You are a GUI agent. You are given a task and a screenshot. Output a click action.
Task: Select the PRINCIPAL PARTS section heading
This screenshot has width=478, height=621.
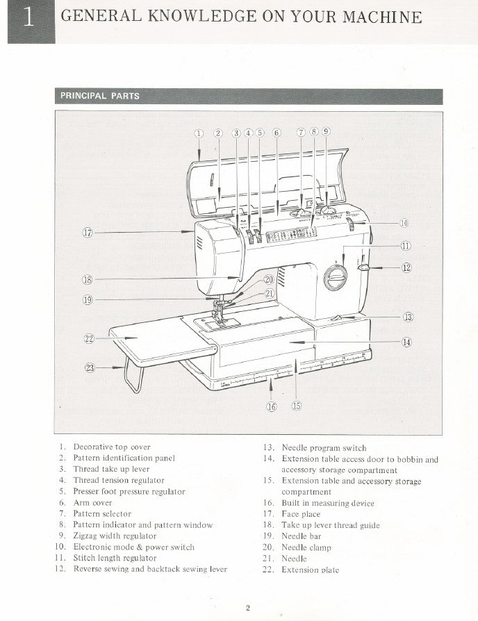100,97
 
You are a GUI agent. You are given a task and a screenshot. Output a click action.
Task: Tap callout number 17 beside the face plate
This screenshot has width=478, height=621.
88,233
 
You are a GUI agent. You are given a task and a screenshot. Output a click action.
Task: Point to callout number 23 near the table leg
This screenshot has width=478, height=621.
90,368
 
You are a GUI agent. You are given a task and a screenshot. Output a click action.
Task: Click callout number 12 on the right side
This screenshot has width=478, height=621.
407,267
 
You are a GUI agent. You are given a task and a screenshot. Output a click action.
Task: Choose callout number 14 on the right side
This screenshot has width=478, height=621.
406,341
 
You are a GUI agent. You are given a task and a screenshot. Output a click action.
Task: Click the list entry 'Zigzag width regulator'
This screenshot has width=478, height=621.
115,536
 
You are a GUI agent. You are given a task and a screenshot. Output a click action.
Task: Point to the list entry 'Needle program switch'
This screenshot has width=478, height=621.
324,448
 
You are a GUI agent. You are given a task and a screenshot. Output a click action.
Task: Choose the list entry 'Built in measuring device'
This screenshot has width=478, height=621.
328,503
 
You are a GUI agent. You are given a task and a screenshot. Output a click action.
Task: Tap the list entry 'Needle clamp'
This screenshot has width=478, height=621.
306,547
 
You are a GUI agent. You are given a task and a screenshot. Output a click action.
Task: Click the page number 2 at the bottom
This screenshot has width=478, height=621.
248,609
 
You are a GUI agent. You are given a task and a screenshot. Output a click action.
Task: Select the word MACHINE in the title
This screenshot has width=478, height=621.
386,17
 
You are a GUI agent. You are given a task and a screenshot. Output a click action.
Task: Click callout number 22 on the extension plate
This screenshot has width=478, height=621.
89,339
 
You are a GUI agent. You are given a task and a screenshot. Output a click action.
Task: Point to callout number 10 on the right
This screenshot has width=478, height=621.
404,223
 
